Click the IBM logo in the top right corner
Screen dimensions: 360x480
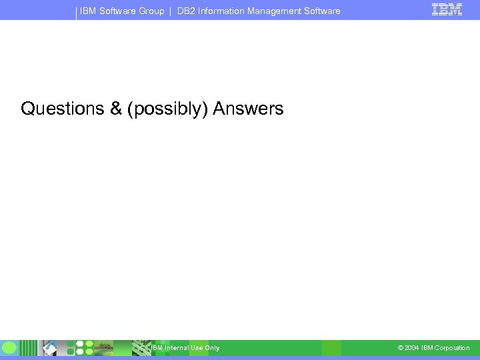coord(447,10)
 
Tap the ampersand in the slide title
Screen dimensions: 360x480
coord(116,109)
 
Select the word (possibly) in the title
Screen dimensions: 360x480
coord(168,109)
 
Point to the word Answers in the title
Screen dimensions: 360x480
coord(248,109)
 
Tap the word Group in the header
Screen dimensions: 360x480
coord(151,11)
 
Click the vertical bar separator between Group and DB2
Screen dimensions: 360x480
coord(171,11)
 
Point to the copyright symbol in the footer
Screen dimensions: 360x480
coord(400,348)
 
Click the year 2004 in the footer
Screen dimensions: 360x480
coord(411,348)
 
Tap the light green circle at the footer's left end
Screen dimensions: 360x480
coord(9,347)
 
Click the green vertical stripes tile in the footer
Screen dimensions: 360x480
coord(29,347)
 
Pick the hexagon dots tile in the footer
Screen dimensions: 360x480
coord(84,347)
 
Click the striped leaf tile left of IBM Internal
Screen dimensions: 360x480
coord(141,347)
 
